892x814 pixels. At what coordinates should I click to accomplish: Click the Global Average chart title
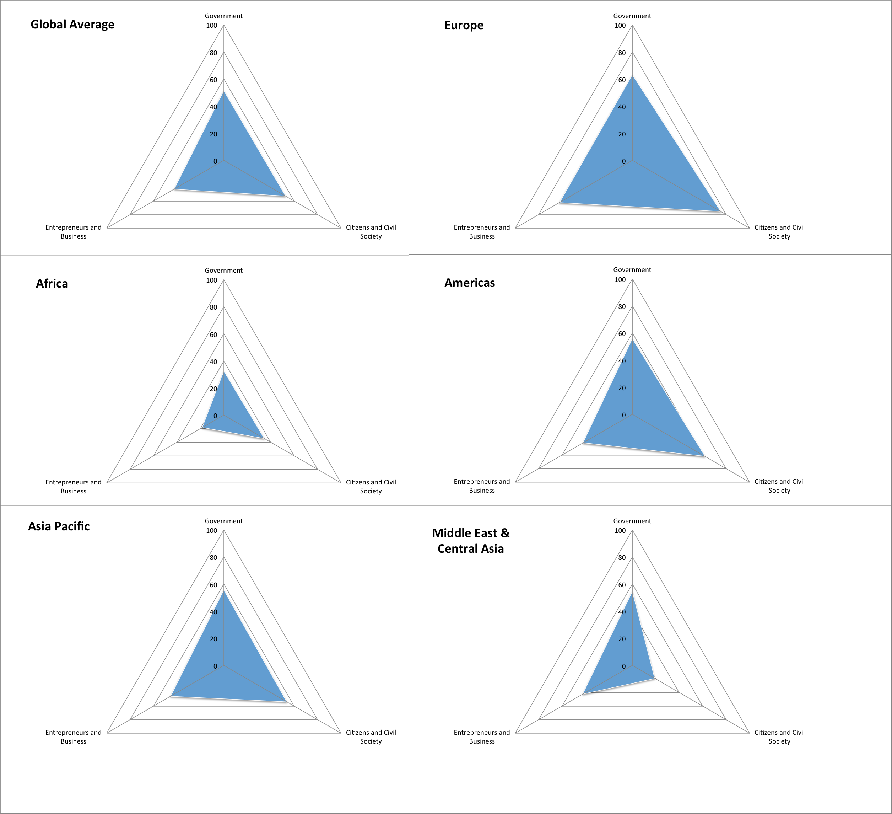point(72,24)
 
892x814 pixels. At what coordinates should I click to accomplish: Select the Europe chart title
point(464,25)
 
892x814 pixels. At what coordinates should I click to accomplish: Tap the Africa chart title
point(52,283)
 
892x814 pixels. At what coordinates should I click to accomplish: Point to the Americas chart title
point(470,283)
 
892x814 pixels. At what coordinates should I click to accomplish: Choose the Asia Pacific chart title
point(59,526)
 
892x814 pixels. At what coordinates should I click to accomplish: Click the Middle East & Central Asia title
point(470,541)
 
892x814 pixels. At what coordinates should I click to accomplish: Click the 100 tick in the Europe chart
point(620,26)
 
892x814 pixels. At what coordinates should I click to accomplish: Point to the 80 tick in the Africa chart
point(213,307)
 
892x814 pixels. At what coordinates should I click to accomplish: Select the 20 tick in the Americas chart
point(622,388)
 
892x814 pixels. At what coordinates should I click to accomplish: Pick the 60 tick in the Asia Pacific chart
point(213,585)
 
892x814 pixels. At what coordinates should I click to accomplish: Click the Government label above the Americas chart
point(632,269)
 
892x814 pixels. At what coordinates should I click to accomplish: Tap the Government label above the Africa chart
point(223,271)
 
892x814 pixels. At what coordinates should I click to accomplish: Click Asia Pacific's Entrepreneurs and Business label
point(74,737)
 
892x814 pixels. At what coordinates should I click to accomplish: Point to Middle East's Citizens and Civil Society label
point(779,737)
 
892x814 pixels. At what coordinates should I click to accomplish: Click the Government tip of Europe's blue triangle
point(632,76)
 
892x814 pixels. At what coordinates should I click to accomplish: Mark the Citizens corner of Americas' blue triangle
point(703,455)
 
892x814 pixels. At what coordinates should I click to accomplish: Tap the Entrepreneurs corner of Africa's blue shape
point(201,428)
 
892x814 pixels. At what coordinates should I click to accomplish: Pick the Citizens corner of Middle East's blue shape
point(654,678)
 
